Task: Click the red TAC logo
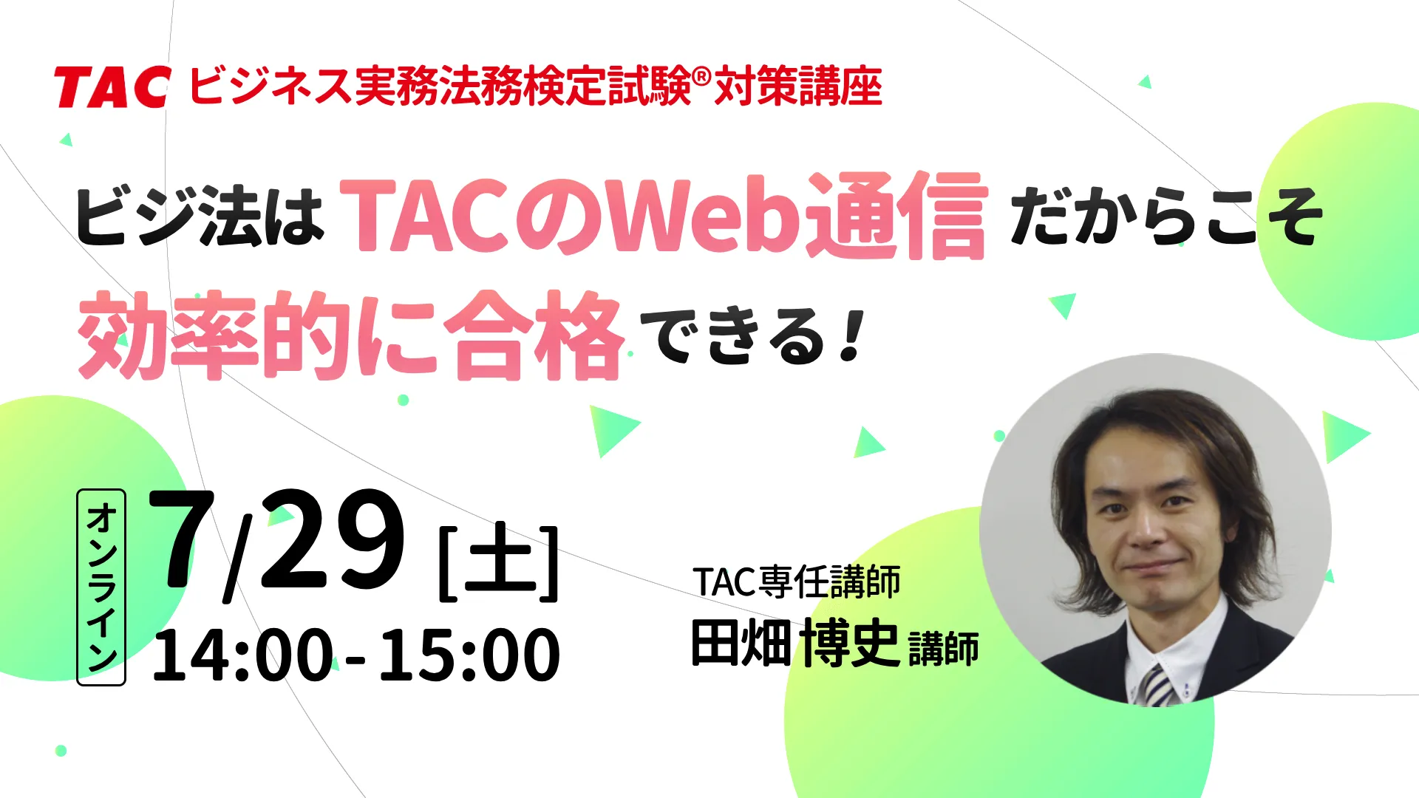[112, 86]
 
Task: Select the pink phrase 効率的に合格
[351, 335]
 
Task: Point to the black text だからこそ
[1166, 216]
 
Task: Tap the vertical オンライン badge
[101, 587]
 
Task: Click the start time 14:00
[242, 655]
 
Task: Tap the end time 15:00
[469, 655]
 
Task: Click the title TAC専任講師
[797, 582]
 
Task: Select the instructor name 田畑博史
[795, 643]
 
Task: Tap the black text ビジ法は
[200, 216]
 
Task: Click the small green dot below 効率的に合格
[404, 400]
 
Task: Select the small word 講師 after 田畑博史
[944, 648]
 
